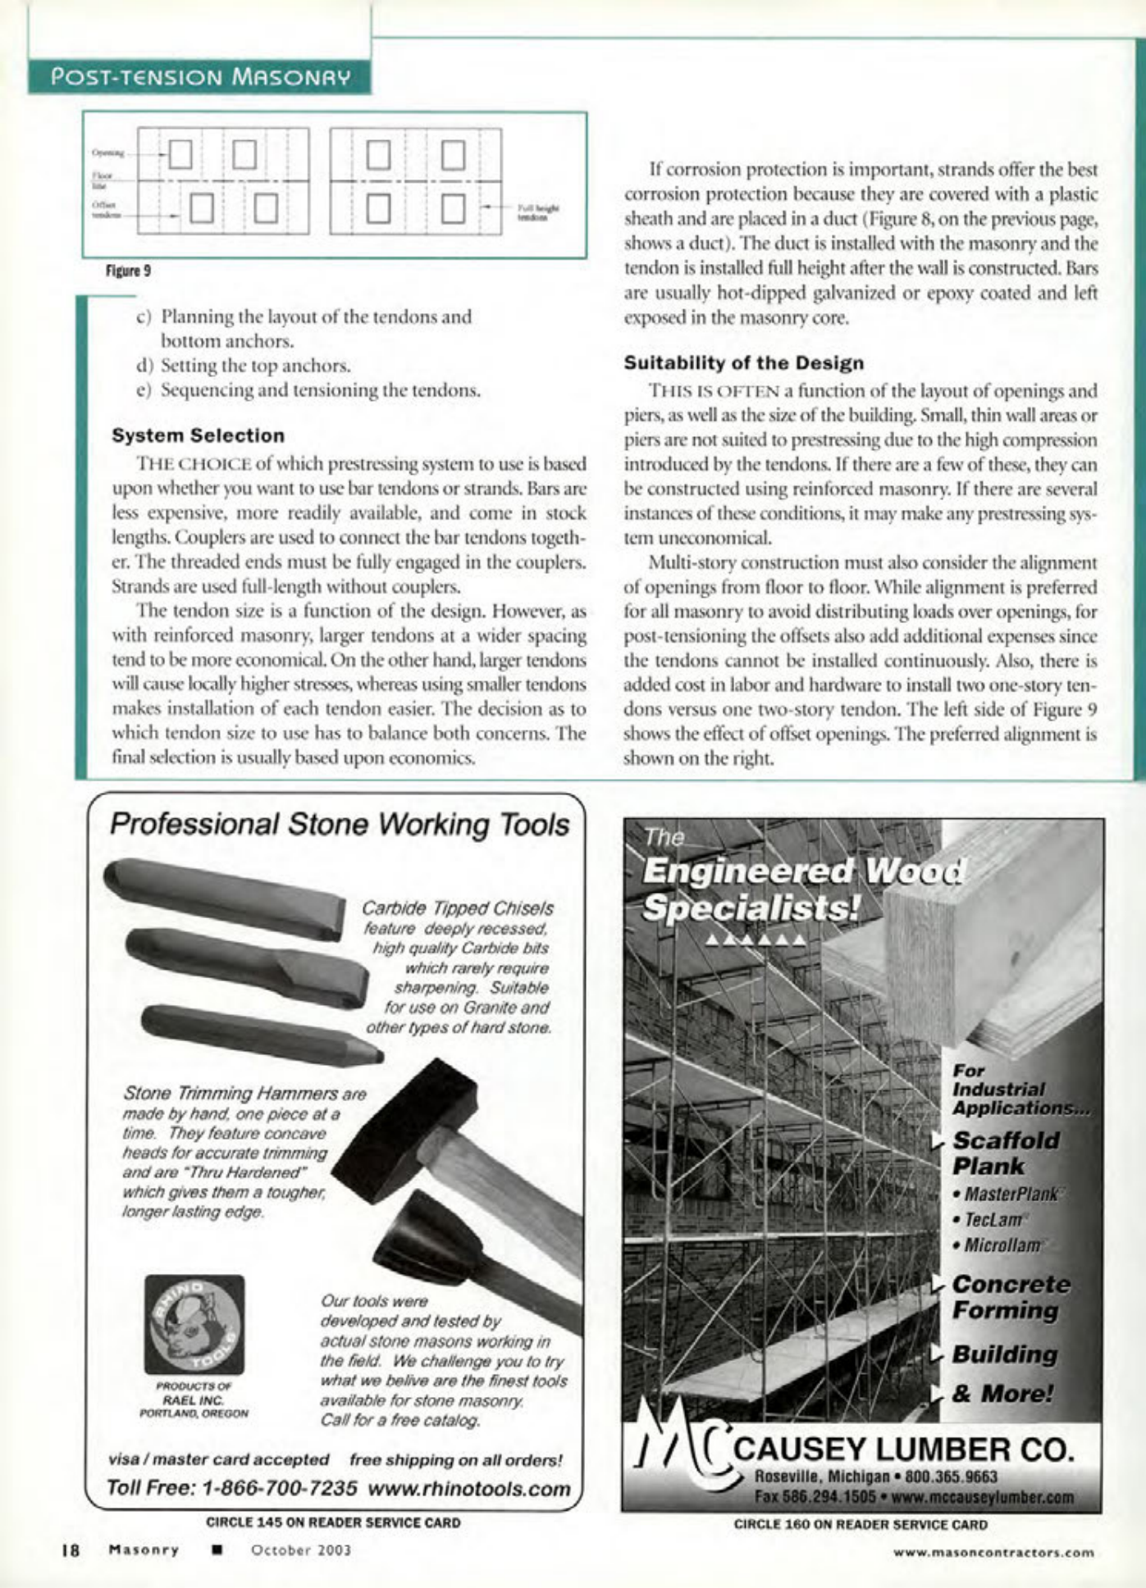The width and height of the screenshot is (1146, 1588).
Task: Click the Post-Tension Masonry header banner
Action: tap(200, 77)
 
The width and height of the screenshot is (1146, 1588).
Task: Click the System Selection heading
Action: tap(198, 435)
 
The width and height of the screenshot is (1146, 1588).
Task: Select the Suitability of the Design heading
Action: tap(743, 362)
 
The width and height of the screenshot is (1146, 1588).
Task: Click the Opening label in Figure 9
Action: tap(107, 152)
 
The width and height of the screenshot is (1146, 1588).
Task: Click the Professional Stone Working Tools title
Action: tap(339, 824)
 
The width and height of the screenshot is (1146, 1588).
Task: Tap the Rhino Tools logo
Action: tap(194, 1324)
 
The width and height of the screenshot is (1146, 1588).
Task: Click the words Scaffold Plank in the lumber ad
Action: tap(1005, 1153)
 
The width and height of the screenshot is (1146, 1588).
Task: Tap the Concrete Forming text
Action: tap(1011, 1296)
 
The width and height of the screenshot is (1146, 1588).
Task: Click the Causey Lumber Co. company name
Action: tap(902, 1449)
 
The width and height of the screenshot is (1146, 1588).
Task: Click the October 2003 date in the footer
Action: tap(301, 1549)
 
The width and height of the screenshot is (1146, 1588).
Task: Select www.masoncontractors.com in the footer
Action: tap(994, 1551)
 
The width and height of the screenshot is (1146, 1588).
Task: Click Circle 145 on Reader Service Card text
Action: tap(333, 1522)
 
